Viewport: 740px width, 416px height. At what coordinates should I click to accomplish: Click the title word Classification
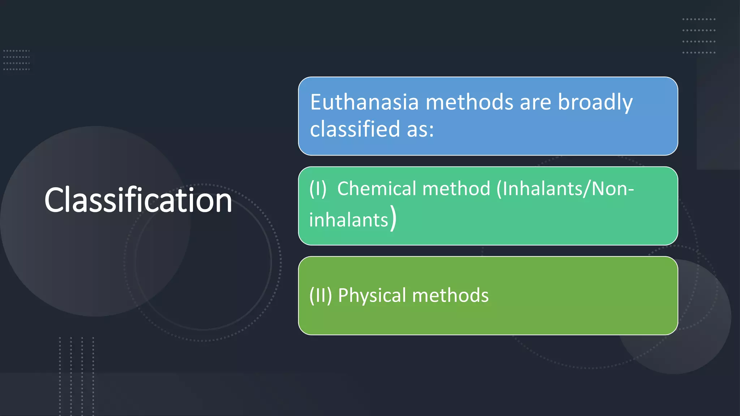[138, 200]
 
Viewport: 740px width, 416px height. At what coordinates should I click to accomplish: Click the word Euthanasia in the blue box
[364, 102]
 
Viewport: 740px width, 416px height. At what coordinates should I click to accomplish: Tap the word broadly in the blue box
[595, 103]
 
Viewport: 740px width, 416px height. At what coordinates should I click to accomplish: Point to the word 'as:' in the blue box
[420, 130]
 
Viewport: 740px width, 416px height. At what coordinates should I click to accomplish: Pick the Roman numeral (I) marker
[318, 189]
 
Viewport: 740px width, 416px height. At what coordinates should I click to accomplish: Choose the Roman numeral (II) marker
[320, 295]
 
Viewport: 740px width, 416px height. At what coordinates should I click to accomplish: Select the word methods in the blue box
[469, 102]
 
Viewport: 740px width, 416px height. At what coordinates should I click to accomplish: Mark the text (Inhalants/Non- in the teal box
[565, 189]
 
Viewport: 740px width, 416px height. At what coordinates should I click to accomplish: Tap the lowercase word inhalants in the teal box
[348, 220]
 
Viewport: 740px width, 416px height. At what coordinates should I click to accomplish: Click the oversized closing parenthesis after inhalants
[393, 218]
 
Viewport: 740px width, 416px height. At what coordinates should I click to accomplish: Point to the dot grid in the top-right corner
[698, 36]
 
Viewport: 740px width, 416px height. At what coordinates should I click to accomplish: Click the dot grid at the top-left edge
[16, 60]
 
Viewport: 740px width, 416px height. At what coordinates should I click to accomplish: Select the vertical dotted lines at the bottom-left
[77, 376]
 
